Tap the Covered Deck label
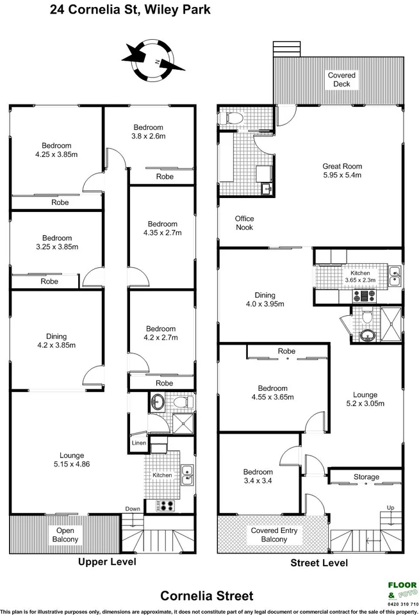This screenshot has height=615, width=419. click(x=341, y=79)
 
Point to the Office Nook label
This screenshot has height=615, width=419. click(x=244, y=223)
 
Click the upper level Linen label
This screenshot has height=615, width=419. click(x=138, y=443)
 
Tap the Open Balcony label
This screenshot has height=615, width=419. click(x=65, y=535)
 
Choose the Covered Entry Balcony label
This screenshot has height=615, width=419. click(x=269, y=535)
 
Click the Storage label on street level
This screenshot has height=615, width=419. click(x=366, y=477)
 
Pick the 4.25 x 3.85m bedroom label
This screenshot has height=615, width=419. click(x=56, y=150)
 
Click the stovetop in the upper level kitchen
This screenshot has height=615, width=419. click(x=166, y=505)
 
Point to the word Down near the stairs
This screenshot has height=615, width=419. click(x=133, y=509)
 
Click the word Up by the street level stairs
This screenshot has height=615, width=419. click(x=391, y=507)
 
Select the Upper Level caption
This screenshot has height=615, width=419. click(x=107, y=562)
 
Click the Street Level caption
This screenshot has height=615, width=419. click(x=319, y=562)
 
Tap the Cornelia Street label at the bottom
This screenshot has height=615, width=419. click(x=207, y=596)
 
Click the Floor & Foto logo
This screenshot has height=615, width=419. click(x=402, y=590)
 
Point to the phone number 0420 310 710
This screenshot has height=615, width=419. click(x=402, y=604)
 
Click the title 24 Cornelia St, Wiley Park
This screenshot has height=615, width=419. click(x=130, y=10)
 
